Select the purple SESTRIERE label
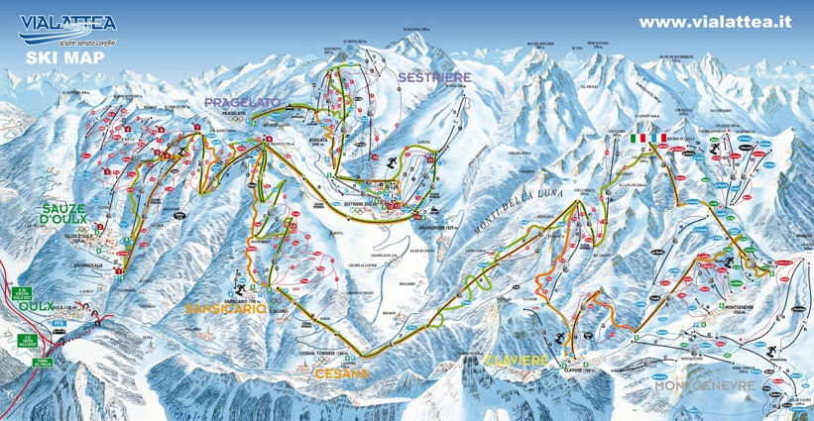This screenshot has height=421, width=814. point(427,76)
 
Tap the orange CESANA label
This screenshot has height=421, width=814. point(341,373)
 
